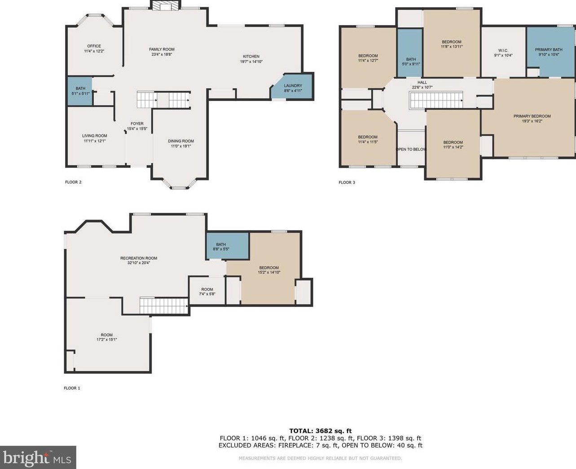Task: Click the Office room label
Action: click(x=94, y=46)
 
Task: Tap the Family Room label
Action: click(x=162, y=49)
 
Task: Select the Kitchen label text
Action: click(x=251, y=56)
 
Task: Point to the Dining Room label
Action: click(x=180, y=141)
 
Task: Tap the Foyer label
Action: click(x=137, y=123)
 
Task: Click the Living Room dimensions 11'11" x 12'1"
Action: click(x=95, y=141)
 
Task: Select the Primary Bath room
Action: click(x=550, y=52)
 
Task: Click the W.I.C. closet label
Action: click(x=503, y=51)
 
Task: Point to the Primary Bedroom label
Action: click(x=532, y=116)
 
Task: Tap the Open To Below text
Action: click(x=411, y=149)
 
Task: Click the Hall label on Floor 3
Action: click(x=422, y=83)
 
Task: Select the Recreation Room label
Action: click(x=139, y=258)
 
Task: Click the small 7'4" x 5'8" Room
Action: click(x=207, y=291)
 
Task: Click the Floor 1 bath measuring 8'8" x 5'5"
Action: click(x=227, y=246)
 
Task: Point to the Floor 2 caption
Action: click(x=73, y=182)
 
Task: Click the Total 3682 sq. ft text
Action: click(x=321, y=431)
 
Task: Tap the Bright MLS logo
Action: click(x=38, y=457)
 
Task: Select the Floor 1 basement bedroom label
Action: click(x=269, y=267)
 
